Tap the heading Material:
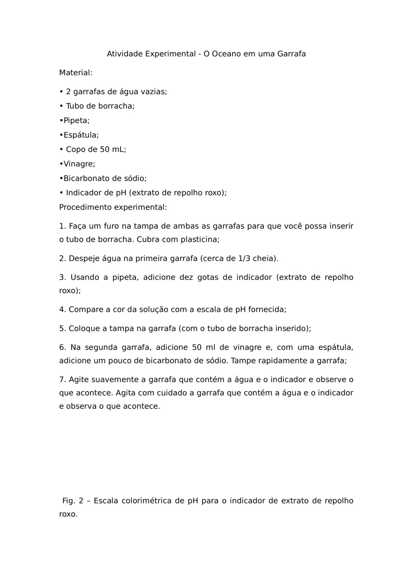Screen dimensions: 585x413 coord(76,73)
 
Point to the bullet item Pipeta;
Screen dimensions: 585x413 coord(76,121)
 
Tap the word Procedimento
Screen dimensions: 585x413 coord(85,208)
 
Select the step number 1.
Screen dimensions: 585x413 coord(62,226)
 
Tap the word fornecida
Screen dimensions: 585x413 coord(267,309)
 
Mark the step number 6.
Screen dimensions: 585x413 coord(62,347)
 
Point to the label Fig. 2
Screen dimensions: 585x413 coord(73,501)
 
